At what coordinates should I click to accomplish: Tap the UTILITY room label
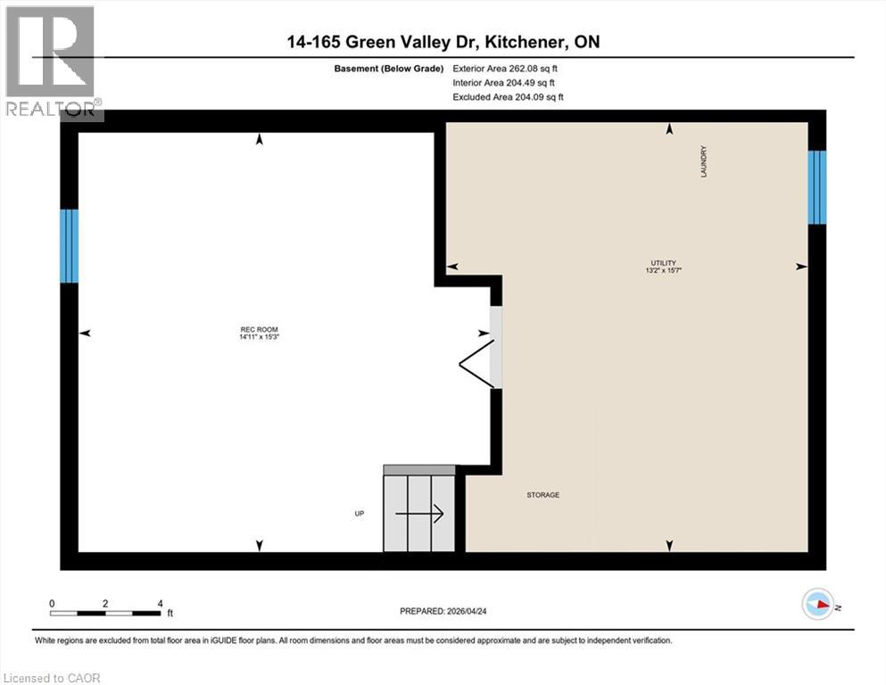(x=669, y=262)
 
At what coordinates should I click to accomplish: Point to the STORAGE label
(x=542, y=495)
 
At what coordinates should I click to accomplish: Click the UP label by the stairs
(x=359, y=514)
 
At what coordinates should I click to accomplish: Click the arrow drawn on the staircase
(x=419, y=514)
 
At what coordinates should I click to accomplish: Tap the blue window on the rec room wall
(x=69, y=245)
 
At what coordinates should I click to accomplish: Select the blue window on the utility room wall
(x=816, y=187)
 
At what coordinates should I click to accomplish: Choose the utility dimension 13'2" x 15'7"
(x=669, y=270)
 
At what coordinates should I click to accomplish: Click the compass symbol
(x=817, y=605)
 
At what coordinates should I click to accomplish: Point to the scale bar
(x=105, y=613)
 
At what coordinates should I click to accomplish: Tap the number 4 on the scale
(x=160, y=604)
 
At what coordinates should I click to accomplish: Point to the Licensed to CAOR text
(x=52, y=678)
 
